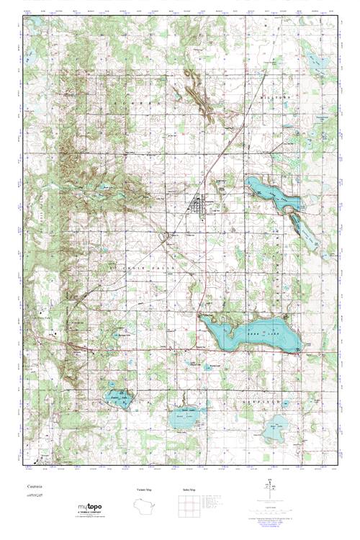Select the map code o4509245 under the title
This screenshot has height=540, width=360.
tap(32, 495)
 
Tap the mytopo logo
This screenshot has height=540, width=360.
tap(90, 508)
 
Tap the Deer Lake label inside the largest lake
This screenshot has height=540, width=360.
tap(258, 333)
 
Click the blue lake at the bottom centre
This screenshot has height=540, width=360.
tap(185, 418)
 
